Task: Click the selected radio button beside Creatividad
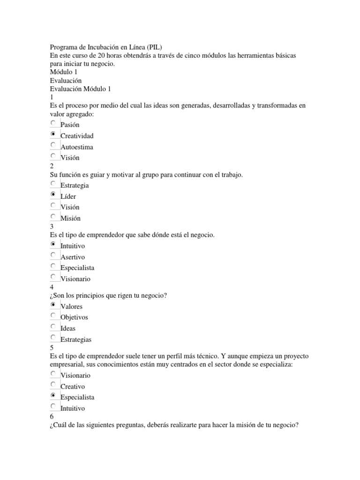(53, 134)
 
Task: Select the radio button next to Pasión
(53, 123)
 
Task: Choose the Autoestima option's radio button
(53, 145)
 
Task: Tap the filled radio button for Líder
(53, 195)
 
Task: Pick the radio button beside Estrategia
(53, 184)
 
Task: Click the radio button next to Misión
(53, 217)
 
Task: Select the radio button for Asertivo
(53, 255)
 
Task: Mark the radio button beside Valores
(53, 305)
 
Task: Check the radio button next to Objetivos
(53, 315)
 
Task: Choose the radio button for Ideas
(53, 327)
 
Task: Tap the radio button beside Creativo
(53, 385)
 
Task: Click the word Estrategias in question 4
(76, 339)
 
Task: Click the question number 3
(52, 226)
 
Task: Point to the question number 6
(52, 417)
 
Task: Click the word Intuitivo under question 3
(73, 246)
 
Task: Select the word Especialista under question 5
(77, 397)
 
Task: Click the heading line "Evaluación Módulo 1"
(80, 89)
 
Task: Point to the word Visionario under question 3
(75, 279)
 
